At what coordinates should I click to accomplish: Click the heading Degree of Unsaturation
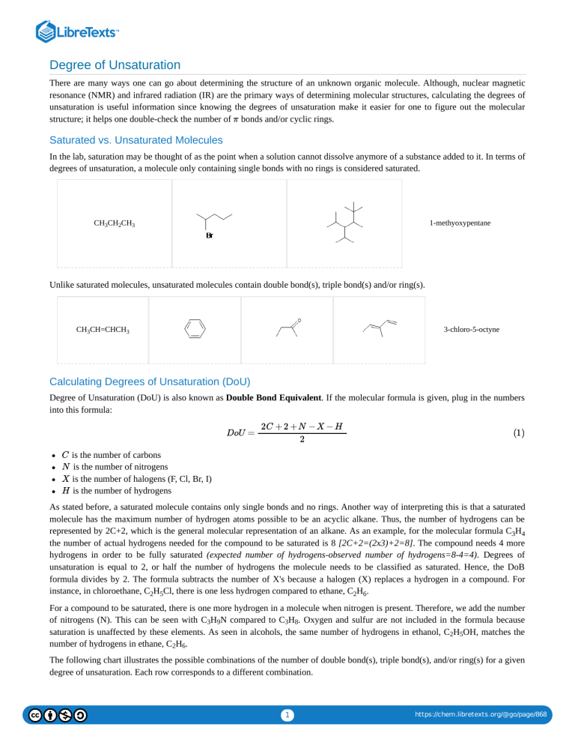pos(115,65)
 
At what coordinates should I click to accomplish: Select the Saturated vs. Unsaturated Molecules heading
pos(136,139)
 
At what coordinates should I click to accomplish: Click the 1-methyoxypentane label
pos(460,223)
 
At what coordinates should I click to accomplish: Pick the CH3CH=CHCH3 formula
pos(103,329)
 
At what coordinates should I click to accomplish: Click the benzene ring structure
pos(195,329)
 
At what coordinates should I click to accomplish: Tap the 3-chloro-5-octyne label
pos(471,329)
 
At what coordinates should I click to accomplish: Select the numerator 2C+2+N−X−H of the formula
pos(301,426)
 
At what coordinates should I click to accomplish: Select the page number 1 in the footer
pos(287,715)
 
